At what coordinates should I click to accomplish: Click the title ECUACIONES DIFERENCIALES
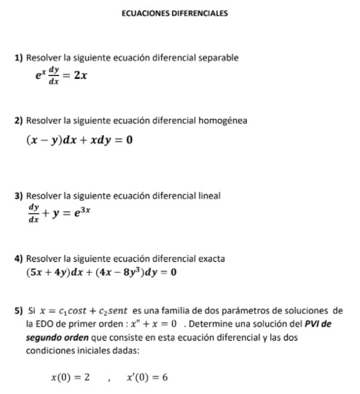click(x=180, y=13)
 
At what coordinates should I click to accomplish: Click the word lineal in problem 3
click(x=209, y=196)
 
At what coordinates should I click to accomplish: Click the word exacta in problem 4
click(x=210, y=258)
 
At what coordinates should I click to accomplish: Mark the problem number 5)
click(x=20, y=312)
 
